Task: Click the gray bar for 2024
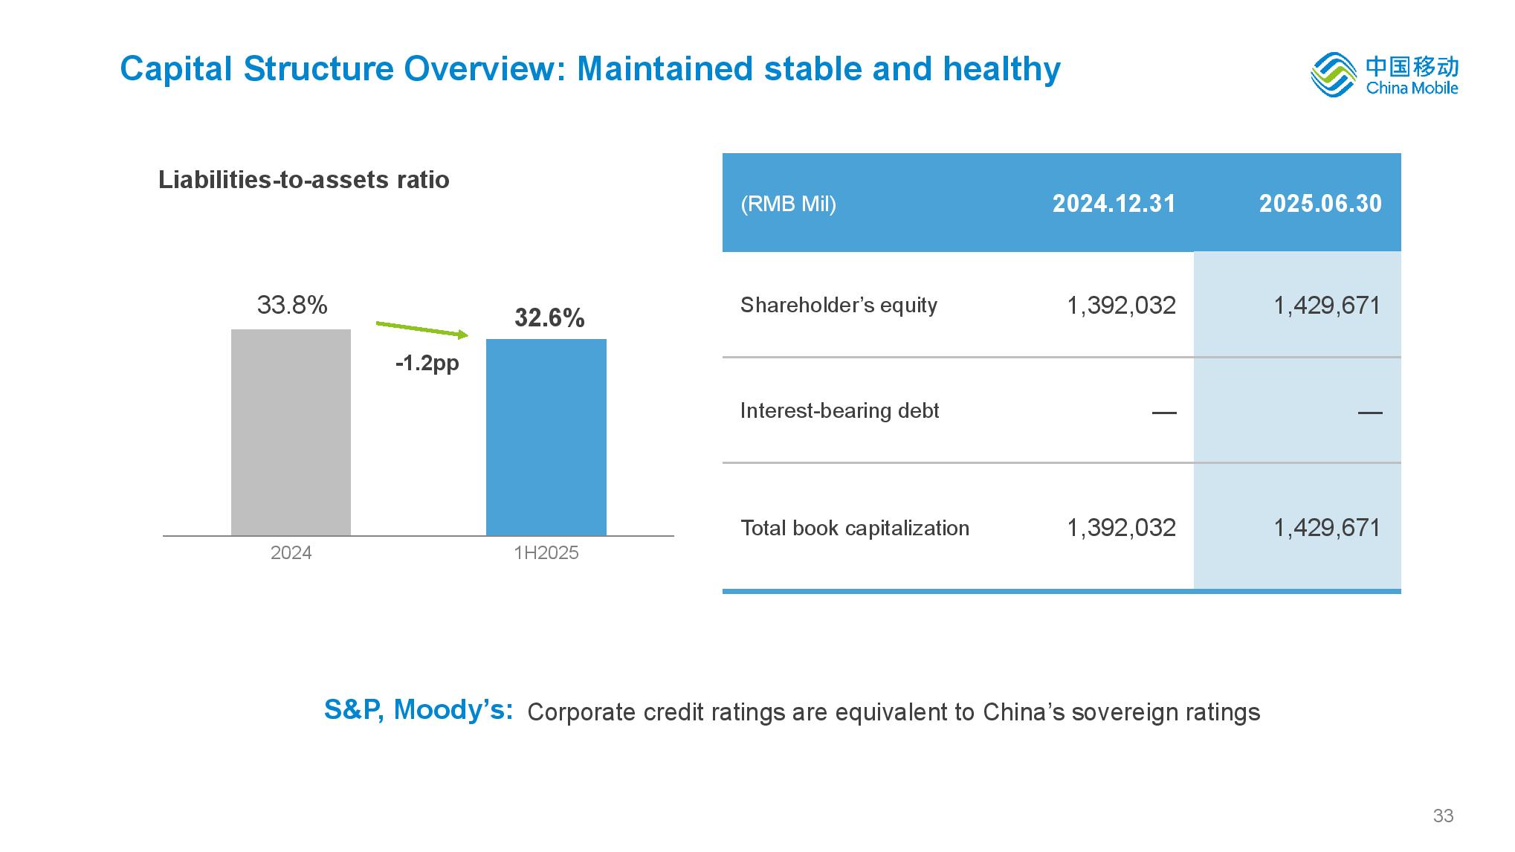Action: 291,432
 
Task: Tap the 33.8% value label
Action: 292,305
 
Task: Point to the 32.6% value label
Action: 549,318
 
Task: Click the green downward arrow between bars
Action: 422,329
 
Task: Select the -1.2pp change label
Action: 427,363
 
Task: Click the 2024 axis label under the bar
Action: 291,553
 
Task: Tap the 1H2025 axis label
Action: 546,553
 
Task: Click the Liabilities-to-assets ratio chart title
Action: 303,180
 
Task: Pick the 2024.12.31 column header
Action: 1114,204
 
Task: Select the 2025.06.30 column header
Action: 1319,204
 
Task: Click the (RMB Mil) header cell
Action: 788,204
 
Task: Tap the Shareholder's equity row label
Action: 839,305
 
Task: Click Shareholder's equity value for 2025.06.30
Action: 1327,305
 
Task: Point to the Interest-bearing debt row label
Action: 839,410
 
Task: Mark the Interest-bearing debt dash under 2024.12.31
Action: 1163,412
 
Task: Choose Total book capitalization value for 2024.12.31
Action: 1121,528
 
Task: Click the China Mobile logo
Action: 1384,74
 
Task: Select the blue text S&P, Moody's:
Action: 419,710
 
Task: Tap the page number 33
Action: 1443,816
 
